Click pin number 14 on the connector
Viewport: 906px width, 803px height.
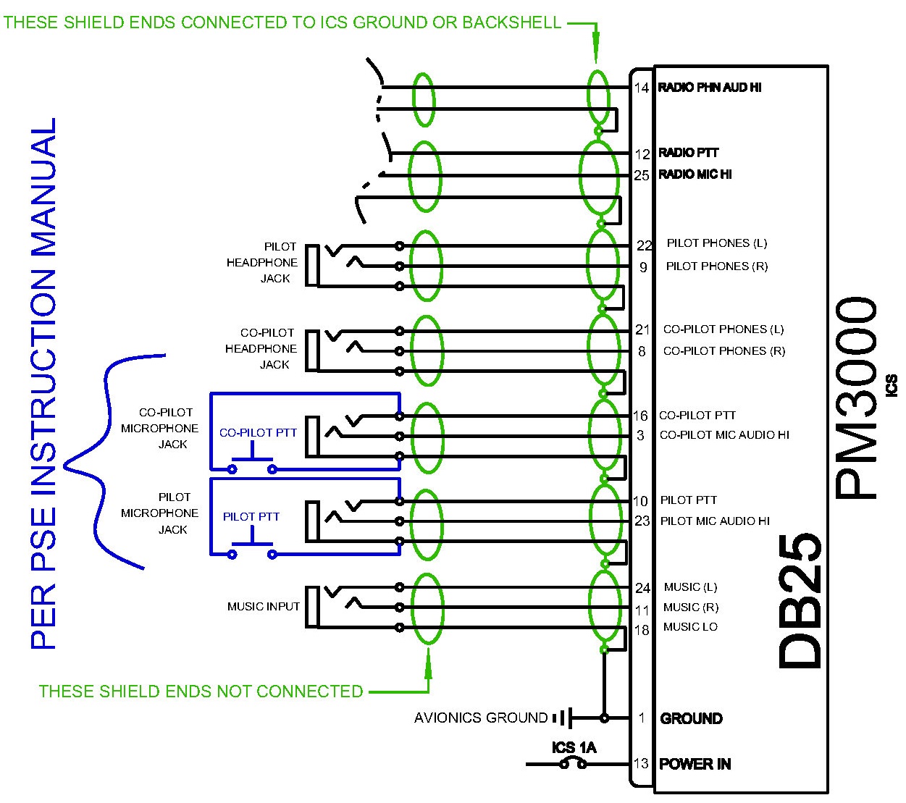pyautogui.click(x=641, y=88)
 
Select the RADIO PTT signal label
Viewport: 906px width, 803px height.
pyautogui.click(x=688, y=153)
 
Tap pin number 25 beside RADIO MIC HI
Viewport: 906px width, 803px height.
pyautogui.click(x=641, y=175)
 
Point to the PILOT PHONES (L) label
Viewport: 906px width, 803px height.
pyautogui.click(x=717, y=243)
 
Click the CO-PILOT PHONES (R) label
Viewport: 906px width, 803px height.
pyautogui.click(x=724, y=351)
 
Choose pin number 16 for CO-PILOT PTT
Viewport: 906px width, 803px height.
pyautogui.click(x=640, y=416)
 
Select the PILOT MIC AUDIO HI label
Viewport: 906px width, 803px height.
pyautogui.click(x=715, y=521)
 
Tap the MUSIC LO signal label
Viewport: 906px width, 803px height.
pyautogui.click(x=690, y=627)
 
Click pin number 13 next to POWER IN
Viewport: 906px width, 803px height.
pyautogui.click(x=641, y=764)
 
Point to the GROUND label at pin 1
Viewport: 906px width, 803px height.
pyautogui.click(x=691, y=718)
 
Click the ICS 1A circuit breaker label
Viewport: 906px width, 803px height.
pyautogui.click(x=574, y=747)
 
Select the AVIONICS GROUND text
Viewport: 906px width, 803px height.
pyautogui.click(x=481, y=718)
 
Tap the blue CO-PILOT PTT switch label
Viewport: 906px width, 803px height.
pyautogui.click(x=258, y=433)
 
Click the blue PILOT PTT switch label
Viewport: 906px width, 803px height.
pyautogui.click(x=251, y=517)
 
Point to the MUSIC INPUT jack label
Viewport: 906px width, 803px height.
pyautogui.click(x=264, y=607)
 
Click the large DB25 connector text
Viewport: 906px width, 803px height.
pyautogui.click(x=800, y=602)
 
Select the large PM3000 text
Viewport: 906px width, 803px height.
pyautogui.click(x=855, y=398)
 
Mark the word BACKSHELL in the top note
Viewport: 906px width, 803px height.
pyautogui.click(x=511, y=22)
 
